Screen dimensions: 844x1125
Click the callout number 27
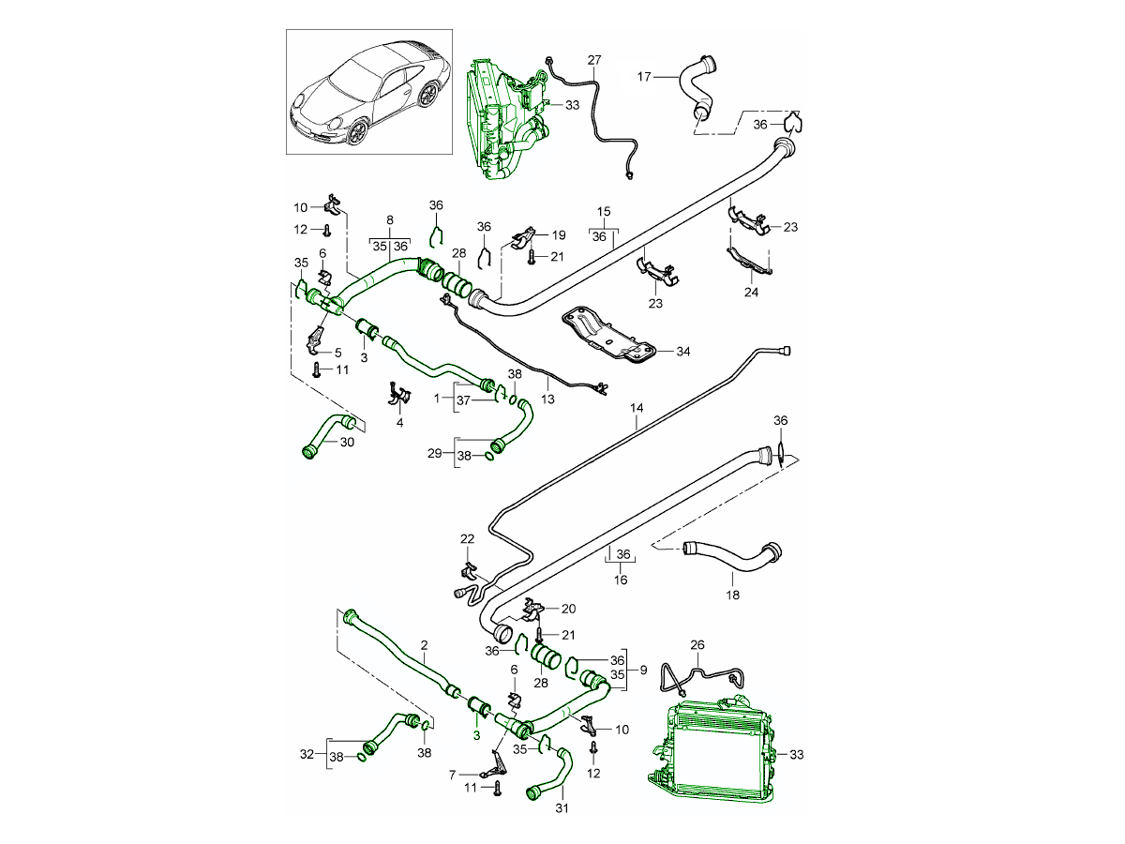pos(593,60)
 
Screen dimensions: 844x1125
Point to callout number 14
pos(637,409)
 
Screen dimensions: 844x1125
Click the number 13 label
pos(547,399)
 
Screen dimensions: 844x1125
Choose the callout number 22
pos(467,538)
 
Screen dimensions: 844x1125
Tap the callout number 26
pos(697,645)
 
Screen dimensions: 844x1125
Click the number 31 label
pos(562,807)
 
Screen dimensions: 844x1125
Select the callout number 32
pos(306,753)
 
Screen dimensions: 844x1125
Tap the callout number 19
pos(559,234)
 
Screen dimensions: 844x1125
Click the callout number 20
pos(568,609)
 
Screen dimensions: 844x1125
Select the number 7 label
pos(451,776)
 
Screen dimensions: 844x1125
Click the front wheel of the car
pos(358,131)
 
